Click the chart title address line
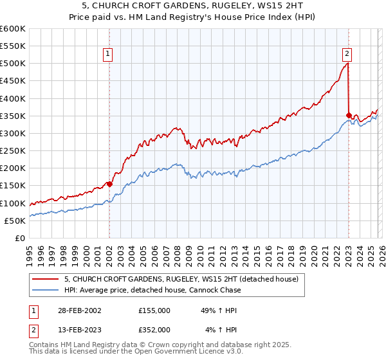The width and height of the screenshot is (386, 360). point(192,6)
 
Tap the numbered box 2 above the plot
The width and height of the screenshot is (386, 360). point(347,54)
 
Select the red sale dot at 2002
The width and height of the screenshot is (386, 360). point(109,184)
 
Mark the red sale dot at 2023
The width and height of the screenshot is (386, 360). point(349,115)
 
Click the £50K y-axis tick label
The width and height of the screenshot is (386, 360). point(15,221)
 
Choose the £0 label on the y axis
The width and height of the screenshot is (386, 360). point(19,238)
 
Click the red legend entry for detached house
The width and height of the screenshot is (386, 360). point(181,280)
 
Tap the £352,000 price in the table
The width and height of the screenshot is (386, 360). point(154,329)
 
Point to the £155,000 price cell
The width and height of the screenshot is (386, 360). point(154,310)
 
